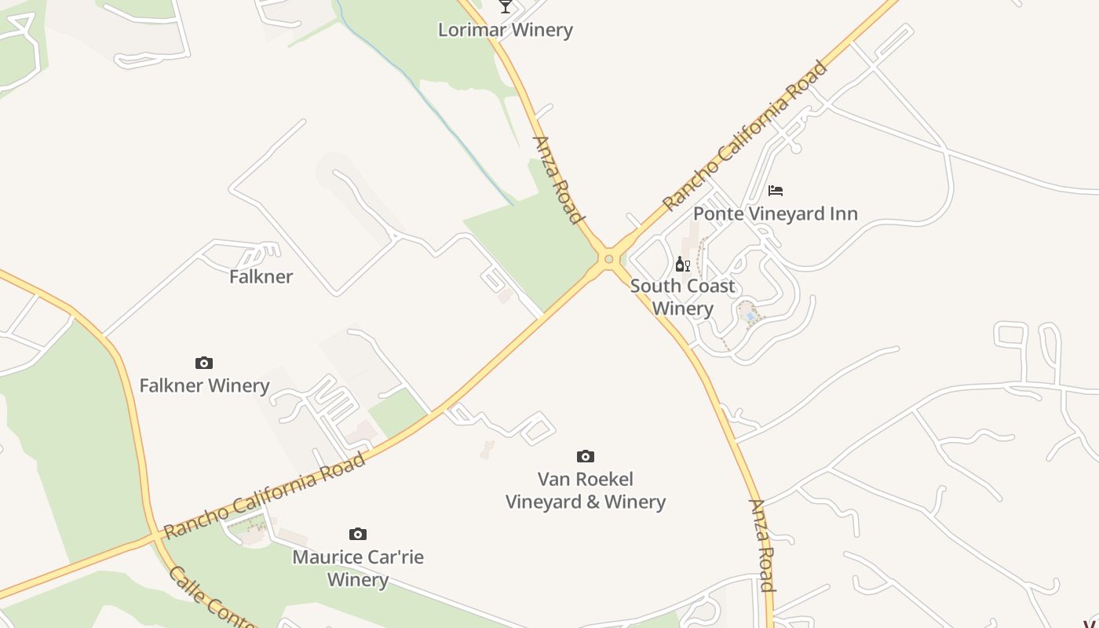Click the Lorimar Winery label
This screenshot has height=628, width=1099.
[x=506, y=30]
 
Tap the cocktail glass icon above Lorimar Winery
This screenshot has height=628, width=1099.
[x=506, y=6]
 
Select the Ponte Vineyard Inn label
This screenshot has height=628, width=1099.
[x=775, y=214]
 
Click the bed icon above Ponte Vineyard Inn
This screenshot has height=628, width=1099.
[x=776, y=190]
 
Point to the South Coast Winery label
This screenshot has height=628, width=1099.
[x=682, y=297]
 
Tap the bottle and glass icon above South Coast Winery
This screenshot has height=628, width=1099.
[x=682, y=264]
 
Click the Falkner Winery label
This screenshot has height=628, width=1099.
[x=204, y=385]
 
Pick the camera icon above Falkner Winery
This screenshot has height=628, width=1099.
[x=204, y=363]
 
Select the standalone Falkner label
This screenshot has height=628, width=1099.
[x=261, y=276]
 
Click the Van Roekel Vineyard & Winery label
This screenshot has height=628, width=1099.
[x=586, y=490]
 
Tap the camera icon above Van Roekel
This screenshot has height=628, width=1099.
[x=585, y=456]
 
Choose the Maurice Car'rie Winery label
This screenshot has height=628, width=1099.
[x=358, y=568]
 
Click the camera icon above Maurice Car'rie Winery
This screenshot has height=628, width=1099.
[x=358, y=534]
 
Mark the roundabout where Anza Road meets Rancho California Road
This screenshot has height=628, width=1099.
[x=608, y=258]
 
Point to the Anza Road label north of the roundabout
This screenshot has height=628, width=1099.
[x=558, y=181]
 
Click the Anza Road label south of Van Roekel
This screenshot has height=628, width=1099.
[x=762, y=545]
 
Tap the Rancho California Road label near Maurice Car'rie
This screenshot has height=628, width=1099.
[x=265, y=495]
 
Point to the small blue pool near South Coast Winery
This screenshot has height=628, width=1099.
[x=750, y=316]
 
